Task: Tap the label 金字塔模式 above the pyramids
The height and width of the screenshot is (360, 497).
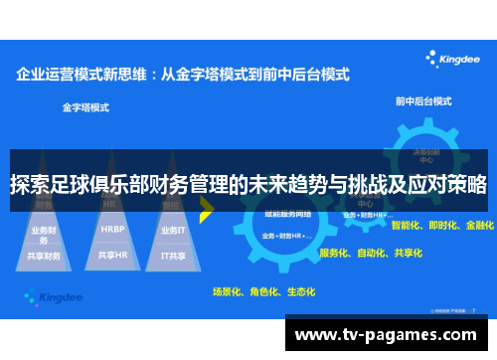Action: [85, 106]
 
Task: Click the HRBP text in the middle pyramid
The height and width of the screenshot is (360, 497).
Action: [112, 229]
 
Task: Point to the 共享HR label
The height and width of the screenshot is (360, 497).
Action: [112, 256]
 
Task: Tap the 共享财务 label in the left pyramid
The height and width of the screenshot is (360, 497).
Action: [46, 256]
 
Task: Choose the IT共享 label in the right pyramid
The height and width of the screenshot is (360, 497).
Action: [174, 256]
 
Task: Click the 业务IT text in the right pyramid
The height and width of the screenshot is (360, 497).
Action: [173, 230]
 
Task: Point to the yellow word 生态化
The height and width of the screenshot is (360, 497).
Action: [300, 292]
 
